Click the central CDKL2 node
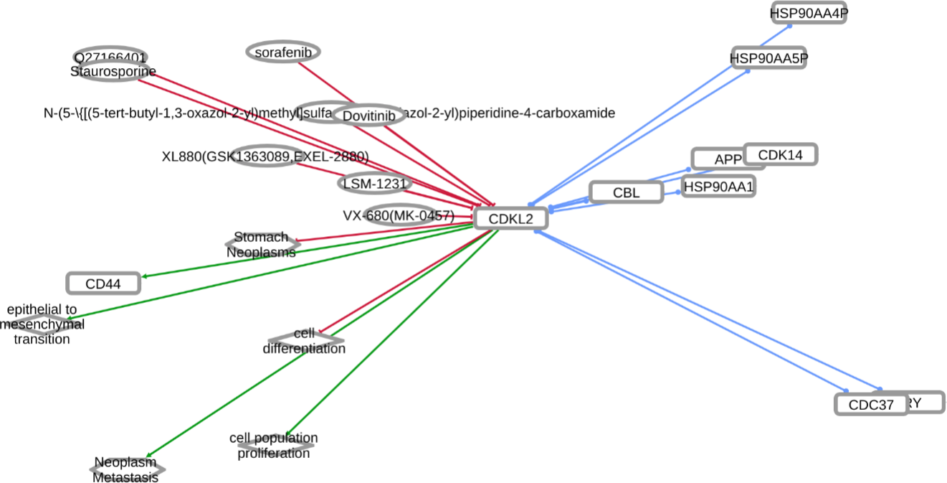click(x=511, y=219)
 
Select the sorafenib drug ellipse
click(x=283, y=52)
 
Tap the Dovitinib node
click(x=368, y=116)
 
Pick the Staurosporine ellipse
click(x=113, y=71)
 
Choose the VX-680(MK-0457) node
click(x=399, y=215)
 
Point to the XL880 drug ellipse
click(x=265, y=156)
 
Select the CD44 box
click(x=103, y=283)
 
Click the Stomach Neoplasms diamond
click(x=262, y=244)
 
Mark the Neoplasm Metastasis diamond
click(x=126, y=470)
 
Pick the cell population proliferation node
click(x=274, y=445)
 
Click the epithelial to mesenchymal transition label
click(x=42, y=323)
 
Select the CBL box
click(x=626, y=192)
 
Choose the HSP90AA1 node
click(x=718, y=187)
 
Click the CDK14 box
click(x=780, y=154)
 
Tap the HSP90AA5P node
click(x=768, y=58)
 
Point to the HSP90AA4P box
click(x=808, y=12)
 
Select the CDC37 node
click(x=871, y=405)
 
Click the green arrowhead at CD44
click(x=145, y=276)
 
